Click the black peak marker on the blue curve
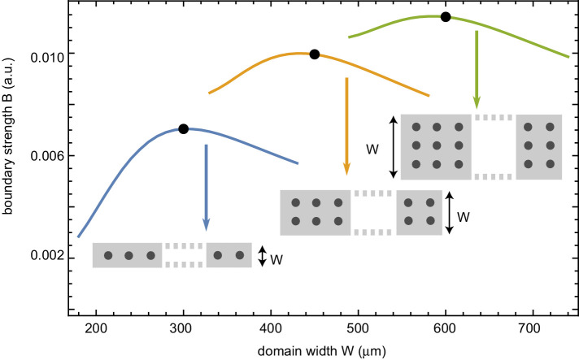click(183, 128)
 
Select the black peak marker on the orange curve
click(314, 54)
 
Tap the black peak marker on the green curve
click(445, 17)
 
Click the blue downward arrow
click(206, 188)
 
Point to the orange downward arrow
click(347, 127)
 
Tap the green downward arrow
click(477, 70)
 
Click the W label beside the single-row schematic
click(276, 260)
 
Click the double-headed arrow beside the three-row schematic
click(394, 146)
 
